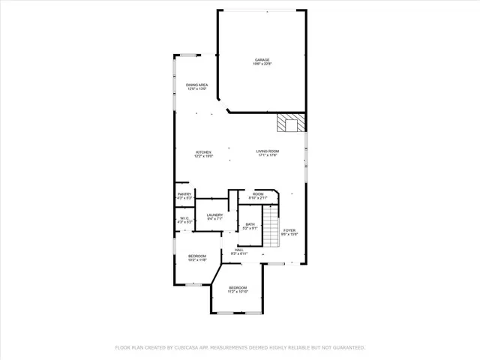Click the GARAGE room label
point(262,60)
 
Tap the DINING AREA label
point(196,85)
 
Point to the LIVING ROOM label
point(268,151)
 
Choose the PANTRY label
point(184,194)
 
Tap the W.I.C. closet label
point(184,218)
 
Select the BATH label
point(250,223)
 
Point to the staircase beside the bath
point(271,235)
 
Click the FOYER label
point(289,231)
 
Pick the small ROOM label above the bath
point(258,194)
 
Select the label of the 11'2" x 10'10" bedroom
point(238,288)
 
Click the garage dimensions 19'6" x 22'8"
point(262,64)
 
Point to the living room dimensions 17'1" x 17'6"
point(268,156)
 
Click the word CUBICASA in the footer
point(193,348)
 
